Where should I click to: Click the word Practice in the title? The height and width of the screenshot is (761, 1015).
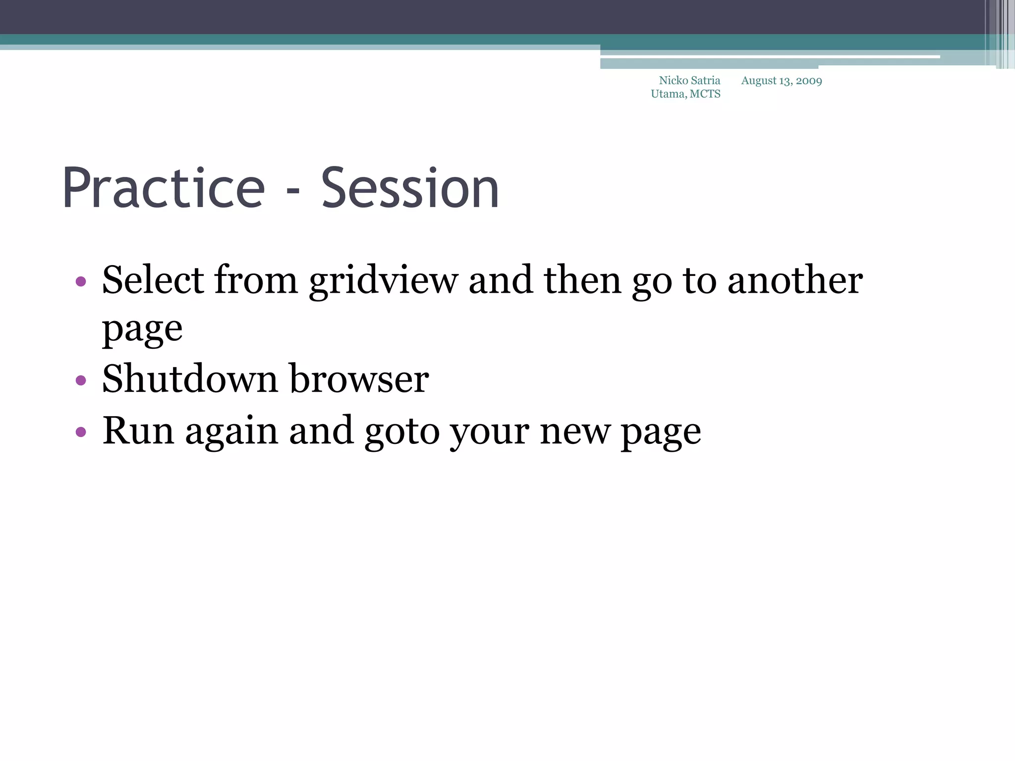tap(164, 189)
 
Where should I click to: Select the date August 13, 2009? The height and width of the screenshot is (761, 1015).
tap(781, 81)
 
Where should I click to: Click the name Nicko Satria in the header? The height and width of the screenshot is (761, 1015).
tap(689, 81)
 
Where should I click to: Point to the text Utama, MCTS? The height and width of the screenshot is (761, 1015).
tap(685, 94)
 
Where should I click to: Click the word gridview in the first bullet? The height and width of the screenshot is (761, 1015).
tap(384, 281)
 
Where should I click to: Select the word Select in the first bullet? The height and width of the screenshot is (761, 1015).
tap(153, 280)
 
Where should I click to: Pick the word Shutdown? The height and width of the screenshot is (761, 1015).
tap(189, 379)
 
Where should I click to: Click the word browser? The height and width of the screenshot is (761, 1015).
tap(359, 379)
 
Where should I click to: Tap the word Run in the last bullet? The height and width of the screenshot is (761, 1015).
tap(138, 431)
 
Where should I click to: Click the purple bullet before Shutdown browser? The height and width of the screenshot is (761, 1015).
tap(81, 380)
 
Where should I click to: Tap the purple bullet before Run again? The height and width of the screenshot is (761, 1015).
tap(81, 432)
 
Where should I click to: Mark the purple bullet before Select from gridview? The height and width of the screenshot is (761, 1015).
tap(81, 282)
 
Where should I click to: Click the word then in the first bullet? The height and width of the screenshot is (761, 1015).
tap(582, 280)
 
